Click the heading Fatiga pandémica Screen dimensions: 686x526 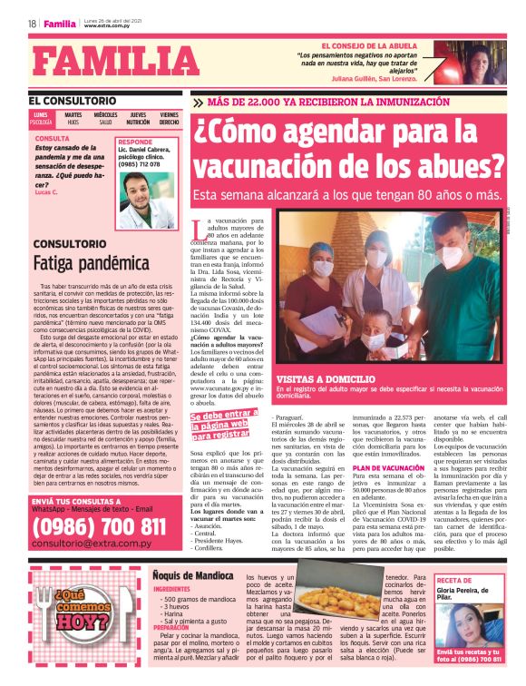click(79, 262)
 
